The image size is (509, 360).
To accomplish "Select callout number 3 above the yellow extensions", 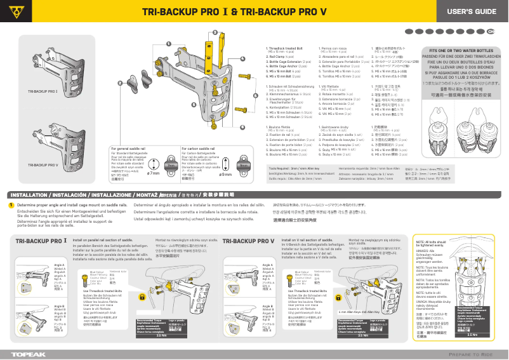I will click(x=215, y=32).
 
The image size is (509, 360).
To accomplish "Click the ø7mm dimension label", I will click(x=153, y=174).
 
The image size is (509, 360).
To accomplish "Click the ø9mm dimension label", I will click(x=225, y=174).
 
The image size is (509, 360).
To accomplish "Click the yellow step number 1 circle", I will click(x=11, y=205).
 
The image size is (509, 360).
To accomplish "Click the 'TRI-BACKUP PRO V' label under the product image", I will click(x=43, y=165).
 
